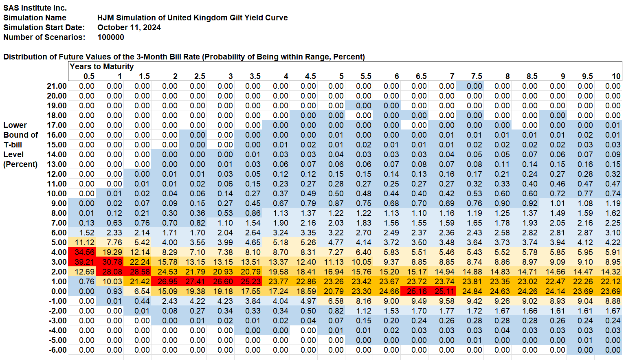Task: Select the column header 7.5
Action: coord(477,76)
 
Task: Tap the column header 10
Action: coord(616,76)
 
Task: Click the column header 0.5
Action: coord(89,76)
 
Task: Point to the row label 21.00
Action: coord(57,86)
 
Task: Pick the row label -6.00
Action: coord(57,350)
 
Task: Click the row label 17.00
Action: coord(57,125)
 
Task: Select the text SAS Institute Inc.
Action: coord(35,8)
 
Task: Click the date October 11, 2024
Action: coord(129,27)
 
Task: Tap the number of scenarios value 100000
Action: coord(111,37)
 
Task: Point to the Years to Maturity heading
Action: coord(101,66)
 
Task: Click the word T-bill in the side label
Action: coord(13,145)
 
